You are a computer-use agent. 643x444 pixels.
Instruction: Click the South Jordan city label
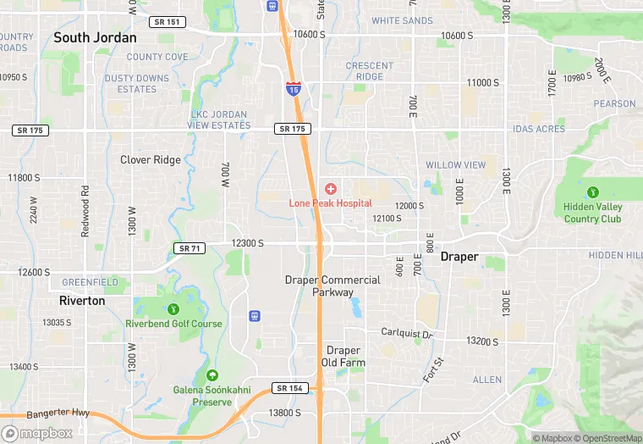pos(95,38)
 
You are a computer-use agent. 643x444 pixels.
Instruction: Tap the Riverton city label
pos(82,301)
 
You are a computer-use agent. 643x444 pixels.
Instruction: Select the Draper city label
pos(459,257)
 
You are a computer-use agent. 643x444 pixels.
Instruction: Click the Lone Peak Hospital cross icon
pos(330,188)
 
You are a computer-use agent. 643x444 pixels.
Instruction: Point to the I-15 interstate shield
pos(293,87)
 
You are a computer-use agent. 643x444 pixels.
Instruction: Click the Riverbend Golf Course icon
pos(173,309)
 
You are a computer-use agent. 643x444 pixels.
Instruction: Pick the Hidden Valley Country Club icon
pos(593,192)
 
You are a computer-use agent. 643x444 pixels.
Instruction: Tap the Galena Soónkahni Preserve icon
pos(212,375)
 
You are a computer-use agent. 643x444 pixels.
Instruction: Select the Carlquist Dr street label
pos(406,334)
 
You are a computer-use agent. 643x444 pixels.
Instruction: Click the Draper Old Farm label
pos(343,357)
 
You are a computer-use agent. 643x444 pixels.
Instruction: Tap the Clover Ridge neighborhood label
pos(151,160)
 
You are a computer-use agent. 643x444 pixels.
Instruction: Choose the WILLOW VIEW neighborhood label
pos(455,165)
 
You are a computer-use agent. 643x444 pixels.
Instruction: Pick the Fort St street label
pos(431,369)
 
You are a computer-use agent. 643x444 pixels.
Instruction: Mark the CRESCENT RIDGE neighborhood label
pos(370,71)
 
